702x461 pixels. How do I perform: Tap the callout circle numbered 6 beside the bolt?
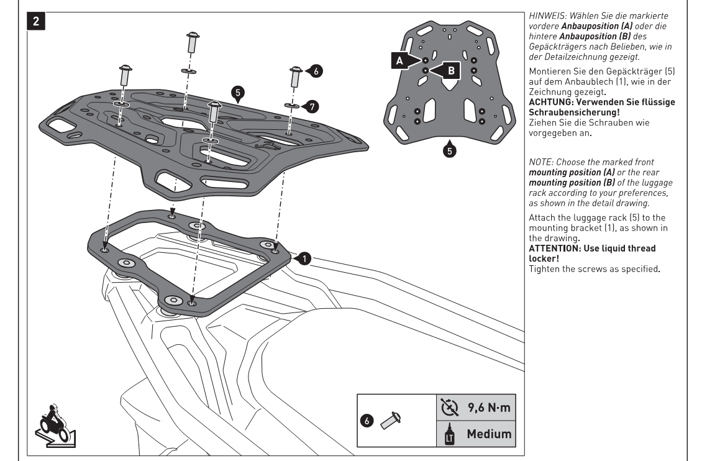pyautogui.click(x=314, y=71)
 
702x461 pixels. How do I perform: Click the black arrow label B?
pyautogui.click(x=449, y=70)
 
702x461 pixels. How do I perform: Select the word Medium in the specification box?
pyautogui.click(x=490, y=433)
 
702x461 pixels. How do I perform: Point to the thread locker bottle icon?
pyautogui.click(x=447, y=433)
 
